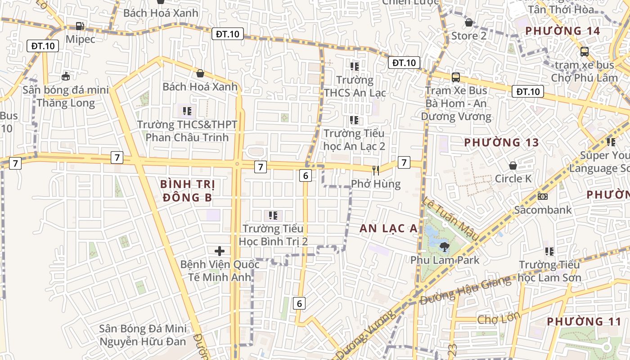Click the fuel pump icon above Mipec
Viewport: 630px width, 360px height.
(80, 27)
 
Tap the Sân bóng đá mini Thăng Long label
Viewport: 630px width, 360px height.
(66, 96)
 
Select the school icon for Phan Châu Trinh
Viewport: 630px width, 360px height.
(187, 111)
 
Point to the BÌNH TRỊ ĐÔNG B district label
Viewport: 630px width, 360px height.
(188, 191)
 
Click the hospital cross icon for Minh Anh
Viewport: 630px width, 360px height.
(220, 251)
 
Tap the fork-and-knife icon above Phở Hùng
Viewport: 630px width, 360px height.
(376, 170)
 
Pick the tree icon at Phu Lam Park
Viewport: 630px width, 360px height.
(444, 247)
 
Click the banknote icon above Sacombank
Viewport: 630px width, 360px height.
(543, 197)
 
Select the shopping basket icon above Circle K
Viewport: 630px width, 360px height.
(513, 166)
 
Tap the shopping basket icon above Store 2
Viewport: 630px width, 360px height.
(469, 22)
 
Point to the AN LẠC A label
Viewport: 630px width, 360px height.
(389, 229)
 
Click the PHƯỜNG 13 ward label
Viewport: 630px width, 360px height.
(501, 143)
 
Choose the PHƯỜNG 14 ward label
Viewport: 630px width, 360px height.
(562, 31)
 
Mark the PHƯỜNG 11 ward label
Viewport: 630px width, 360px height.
(584, 322)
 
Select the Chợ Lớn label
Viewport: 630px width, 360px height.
(499, 319)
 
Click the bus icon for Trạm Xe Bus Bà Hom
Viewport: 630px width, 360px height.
(456, 77)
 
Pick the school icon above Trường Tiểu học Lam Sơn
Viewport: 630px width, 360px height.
(549, 251)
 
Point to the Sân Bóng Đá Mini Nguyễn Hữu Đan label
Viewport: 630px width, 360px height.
(143, 335)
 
